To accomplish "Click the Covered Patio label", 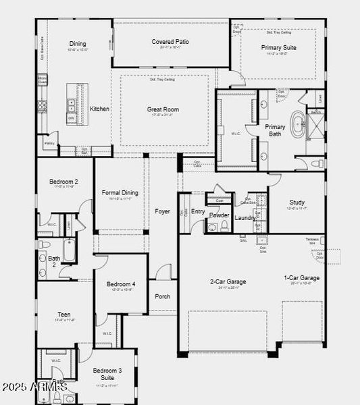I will pyautogui.click(x=170, y=42).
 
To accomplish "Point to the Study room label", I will pyautogui.click(x=297, y=202).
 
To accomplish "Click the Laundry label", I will pyautogui.click(x=245, y=218).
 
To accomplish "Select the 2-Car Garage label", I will pyautogui.click(x=227, y=281).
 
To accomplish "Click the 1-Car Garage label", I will pyautogui.click(x=301, y=277).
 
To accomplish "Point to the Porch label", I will pyautogui.click(x=163, y=296).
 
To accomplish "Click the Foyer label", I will pyautogui.click(x=162, y=211).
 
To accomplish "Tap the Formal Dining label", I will pyautogui.click(x=120, y=192).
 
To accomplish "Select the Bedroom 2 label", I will pyautogui.click(x=63, y=182).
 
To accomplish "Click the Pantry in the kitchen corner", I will pyautogui.click(x=49, y=144).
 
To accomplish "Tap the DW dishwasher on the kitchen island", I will pyautogui.click(x=71, y=118).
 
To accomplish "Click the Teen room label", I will pyautogui.click(x=64, y=314).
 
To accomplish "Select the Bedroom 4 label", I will pyautogui.click(x=121, y=284).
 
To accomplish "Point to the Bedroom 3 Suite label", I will pyautogui.click(x=107, y=374).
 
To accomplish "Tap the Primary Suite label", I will pyautogui.click(x=279, y=48).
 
